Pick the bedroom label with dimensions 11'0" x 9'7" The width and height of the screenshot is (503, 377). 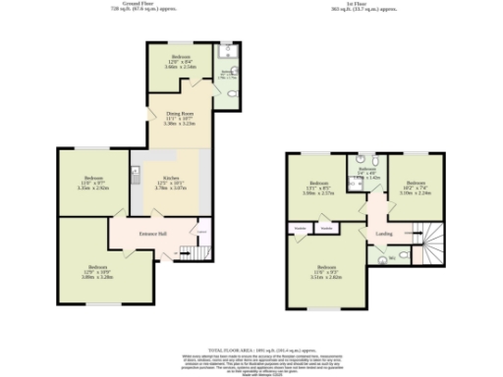click(x=91, y=179)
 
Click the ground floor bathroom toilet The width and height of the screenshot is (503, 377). click(x=230, y=93)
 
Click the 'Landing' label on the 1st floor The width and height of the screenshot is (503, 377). click(x=383, y=234)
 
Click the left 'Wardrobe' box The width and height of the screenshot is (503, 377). click(x=299, y=228)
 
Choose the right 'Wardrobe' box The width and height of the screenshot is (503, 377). click(x=326, y=228)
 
